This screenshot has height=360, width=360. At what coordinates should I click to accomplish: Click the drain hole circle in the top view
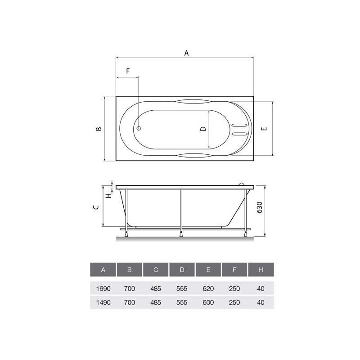(139, 128)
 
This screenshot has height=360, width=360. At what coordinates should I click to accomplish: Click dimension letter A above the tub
(186, 53)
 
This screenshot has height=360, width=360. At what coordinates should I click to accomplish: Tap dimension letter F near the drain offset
(128, 71)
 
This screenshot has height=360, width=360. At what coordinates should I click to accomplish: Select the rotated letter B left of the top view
(99, 129)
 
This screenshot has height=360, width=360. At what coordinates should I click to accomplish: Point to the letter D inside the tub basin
(203, 129)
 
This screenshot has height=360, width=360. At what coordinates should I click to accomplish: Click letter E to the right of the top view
(264, 129)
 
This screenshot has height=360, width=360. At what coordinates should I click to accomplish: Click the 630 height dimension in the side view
(260, 207)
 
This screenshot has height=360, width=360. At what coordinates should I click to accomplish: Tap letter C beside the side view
(96, 207)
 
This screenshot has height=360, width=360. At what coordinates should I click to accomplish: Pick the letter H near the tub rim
(108, 196)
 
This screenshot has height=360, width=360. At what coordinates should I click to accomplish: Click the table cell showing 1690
(103, 288)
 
